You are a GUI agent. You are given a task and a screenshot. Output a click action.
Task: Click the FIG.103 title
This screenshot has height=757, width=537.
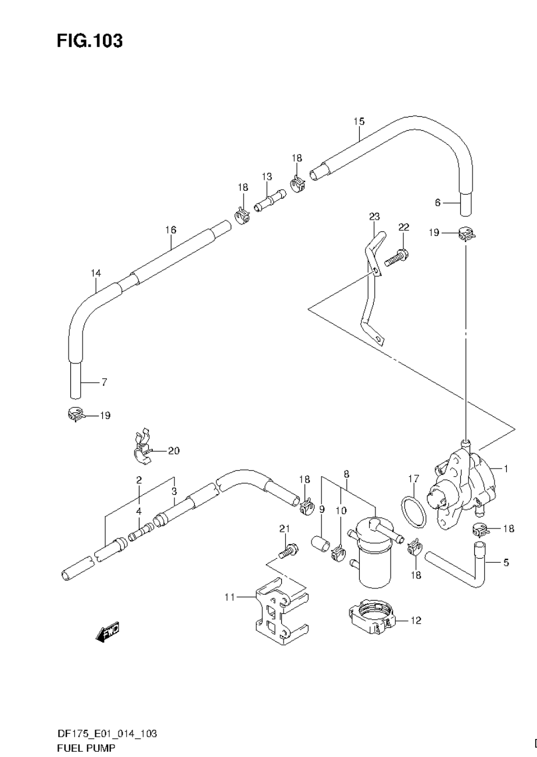tap(90, 41)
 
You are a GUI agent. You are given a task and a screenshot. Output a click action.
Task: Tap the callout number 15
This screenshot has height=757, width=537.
tap(359, 122)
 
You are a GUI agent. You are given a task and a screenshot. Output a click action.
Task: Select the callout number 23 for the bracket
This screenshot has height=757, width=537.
tap(374, 217)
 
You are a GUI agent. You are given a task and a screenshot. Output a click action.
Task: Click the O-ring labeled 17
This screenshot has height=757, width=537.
tap(413, 511)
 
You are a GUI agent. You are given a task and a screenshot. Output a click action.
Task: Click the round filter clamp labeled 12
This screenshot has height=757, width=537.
tap(372, 617)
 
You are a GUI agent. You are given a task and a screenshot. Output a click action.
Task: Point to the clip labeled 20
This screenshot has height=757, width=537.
tap(141, 448)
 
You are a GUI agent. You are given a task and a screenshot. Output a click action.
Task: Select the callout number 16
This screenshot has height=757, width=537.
tap(170, 230)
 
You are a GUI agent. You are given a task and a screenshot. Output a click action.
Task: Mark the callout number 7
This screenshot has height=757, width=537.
tap(103, 382)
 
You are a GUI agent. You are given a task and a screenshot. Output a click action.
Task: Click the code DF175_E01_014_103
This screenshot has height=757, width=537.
tap(106, 734)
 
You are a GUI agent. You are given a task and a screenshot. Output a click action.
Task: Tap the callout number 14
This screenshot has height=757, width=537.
tap(96, 273)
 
